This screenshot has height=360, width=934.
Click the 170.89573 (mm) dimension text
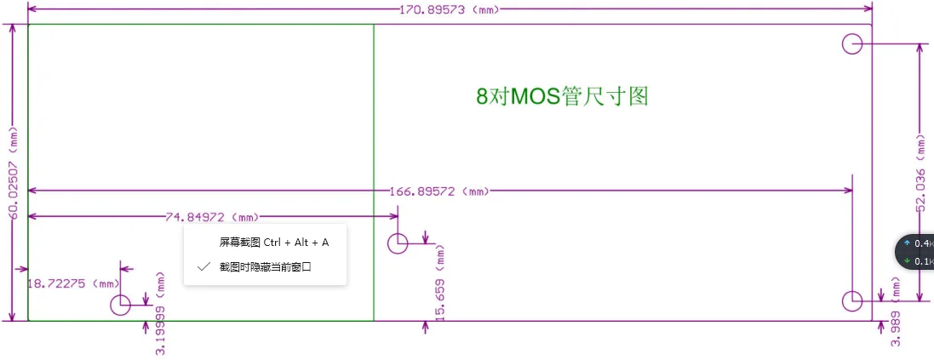coord(449,9)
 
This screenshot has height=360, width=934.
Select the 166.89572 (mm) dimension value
coord(440,191)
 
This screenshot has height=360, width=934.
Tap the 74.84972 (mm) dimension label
coord(212,217)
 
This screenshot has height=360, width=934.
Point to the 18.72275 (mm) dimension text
coord(73,283)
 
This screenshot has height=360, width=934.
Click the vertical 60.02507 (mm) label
coord(14,172)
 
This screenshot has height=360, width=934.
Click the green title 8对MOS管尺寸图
coord(563,96)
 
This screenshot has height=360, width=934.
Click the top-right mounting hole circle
coord(852,43)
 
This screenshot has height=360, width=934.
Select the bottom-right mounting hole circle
coord(852,300)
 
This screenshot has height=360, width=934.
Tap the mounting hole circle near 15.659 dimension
coord(398,244)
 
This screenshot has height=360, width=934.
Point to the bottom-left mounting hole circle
coord(120,302)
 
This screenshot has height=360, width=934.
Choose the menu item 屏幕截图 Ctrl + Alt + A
coord(273,243)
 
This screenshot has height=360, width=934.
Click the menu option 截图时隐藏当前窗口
coord(265,266)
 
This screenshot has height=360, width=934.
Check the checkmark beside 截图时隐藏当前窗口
coord(203,266)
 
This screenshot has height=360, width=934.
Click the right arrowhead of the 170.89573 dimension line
coord(868,9)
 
